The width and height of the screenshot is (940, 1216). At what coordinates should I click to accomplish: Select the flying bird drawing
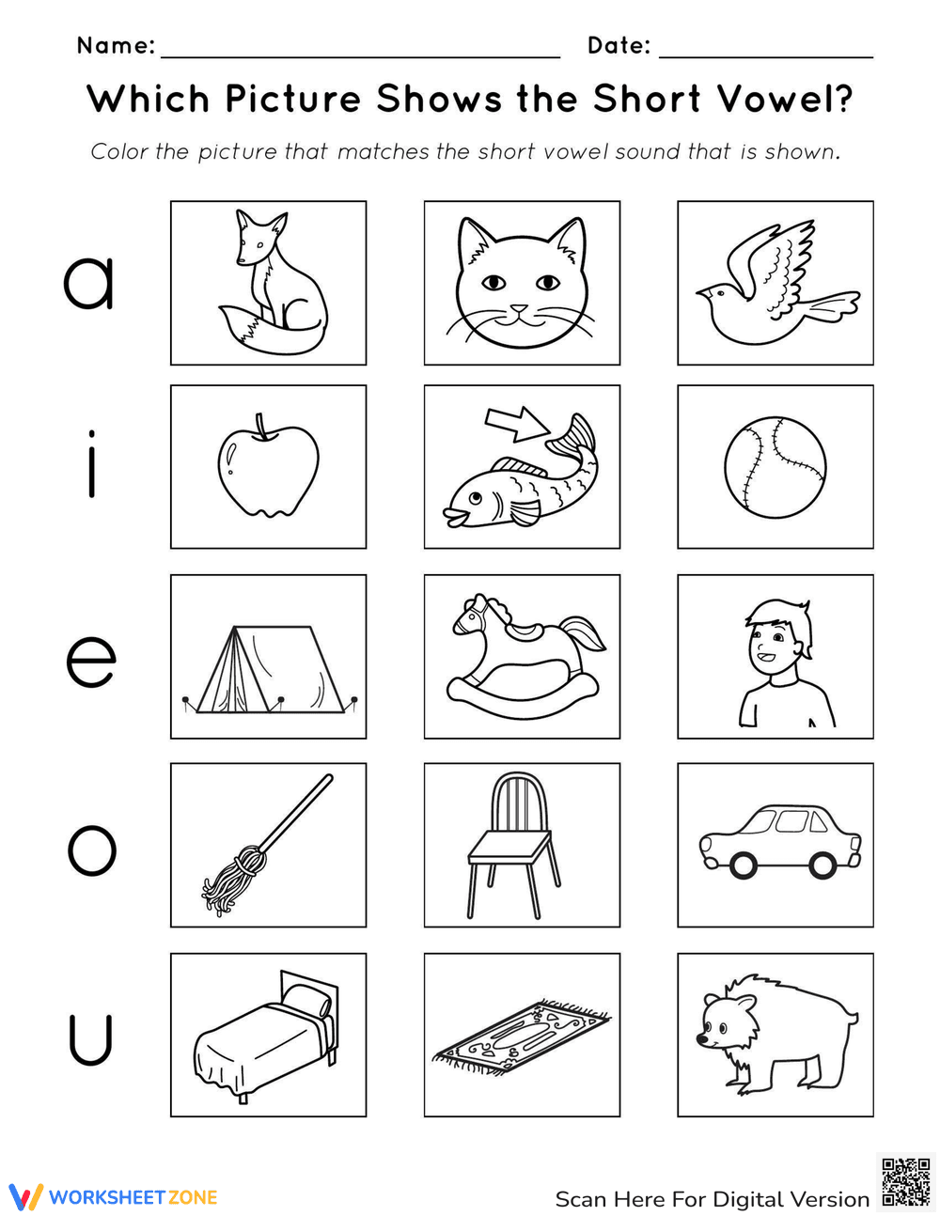[775, 282]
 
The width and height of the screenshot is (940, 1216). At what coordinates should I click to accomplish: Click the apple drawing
[268, 468]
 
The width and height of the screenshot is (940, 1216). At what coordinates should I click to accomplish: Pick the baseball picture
[775, 467]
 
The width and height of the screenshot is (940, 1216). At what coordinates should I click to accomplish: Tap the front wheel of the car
[743, 865]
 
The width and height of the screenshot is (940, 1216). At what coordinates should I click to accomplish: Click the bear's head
[728, 1023]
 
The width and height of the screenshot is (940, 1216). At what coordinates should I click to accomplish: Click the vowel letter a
[89, 282]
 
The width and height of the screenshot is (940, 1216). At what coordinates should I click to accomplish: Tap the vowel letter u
[90, 1039]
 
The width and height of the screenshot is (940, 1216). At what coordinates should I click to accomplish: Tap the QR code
[906, 1182]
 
